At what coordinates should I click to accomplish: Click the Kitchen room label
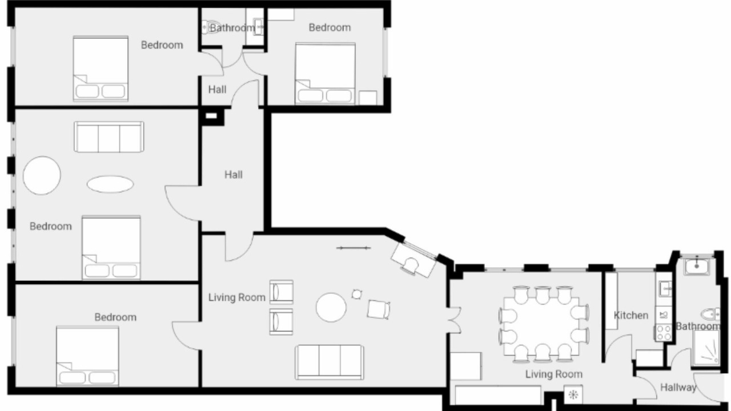coord(631,316)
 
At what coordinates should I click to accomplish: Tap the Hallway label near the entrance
coord(678,388)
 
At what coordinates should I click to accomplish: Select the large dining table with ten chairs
coord(543,325)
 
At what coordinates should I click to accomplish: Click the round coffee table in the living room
coord(331,307)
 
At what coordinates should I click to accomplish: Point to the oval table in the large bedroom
coord(110,184)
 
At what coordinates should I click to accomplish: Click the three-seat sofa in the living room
coord(330,362)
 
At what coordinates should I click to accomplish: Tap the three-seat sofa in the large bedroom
coord(109,136)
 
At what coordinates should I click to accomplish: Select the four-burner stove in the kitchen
coord(664,333)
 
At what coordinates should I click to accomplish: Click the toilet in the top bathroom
coord(207,27)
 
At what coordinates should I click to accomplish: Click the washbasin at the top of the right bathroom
coord(697,267)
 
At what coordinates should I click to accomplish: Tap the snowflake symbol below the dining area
coord(573,394)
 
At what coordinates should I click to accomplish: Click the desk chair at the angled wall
coord(411,266)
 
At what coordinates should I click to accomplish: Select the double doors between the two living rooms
coord(454,320)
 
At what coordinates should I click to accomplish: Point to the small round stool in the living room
coord(357,294)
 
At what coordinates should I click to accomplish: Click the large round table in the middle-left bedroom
coord(42,175)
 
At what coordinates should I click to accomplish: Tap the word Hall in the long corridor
coord(234,175)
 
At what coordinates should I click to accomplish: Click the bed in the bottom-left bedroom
coord(87,356)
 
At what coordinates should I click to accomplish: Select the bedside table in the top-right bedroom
coord(368,98)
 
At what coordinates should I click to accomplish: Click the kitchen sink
coord(664,288)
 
